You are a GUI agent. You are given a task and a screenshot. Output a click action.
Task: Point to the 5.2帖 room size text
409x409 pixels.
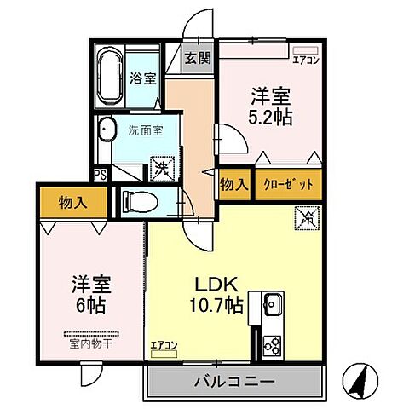273,117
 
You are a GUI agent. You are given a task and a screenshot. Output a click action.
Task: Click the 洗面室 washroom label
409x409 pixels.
142,131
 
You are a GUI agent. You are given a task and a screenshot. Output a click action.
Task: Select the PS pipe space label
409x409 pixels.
101,176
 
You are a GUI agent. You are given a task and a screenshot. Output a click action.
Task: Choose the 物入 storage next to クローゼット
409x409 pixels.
233,184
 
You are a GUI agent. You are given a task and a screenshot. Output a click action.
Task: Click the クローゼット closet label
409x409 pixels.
281,184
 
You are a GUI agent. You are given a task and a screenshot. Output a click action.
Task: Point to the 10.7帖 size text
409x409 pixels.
216,305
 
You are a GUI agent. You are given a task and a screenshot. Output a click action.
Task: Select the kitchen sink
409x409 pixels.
274,303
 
